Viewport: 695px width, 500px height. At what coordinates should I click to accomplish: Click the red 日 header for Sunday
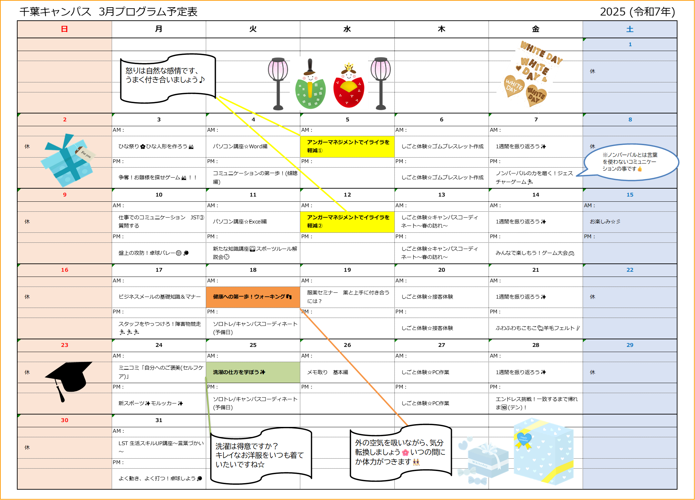(64, 29)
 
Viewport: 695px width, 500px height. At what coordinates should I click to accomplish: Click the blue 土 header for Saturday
(630, 29)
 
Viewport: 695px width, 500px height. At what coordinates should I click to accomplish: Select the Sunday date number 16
(64, 270)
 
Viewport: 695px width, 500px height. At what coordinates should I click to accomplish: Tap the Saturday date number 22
(630, 270)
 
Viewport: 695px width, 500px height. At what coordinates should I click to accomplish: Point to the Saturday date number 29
(630, 345)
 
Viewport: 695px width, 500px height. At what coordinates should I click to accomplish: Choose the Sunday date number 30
(64, 420)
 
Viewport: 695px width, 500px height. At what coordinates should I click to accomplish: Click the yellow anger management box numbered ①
(347, 147)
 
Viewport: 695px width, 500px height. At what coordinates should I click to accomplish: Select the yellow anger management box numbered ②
(347, 222)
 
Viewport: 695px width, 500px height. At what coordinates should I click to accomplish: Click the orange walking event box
(253, 297)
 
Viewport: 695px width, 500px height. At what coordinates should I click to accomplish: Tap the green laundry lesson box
(253, 372)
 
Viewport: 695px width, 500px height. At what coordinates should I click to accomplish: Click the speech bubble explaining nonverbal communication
(630, 162)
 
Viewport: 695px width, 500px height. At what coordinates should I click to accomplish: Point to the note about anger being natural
(168, 78)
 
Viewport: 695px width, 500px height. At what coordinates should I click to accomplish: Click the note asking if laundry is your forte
(260, 455)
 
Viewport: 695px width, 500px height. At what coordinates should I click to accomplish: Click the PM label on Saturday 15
(589, 237)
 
